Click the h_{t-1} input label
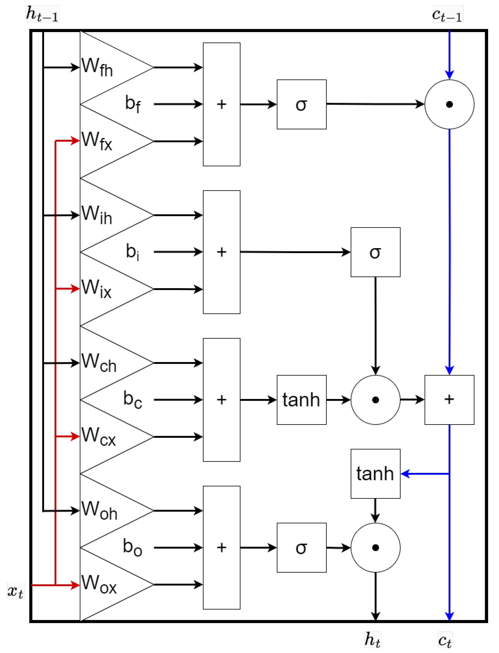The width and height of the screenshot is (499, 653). click(42, 14)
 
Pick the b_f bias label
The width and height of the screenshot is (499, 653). click(133, 104)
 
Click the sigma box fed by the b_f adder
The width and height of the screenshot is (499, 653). click(302, 104)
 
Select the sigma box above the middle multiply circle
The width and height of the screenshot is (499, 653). click(375, 252)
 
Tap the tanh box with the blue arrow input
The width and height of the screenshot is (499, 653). click(375, 474)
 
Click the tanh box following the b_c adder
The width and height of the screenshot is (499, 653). click(302, 400)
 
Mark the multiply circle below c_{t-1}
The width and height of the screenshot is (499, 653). click(449, 104)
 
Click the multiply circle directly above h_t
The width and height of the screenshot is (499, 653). click(375, 547)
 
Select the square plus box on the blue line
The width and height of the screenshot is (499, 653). click(449, 400)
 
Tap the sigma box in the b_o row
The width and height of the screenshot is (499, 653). click(302, 547)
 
